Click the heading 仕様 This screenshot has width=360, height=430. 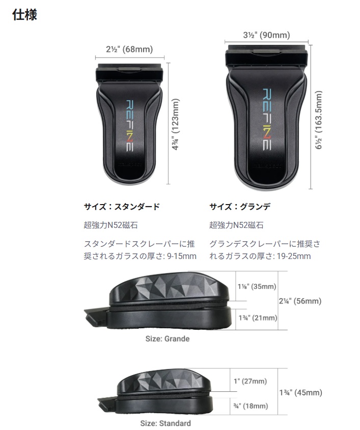[x=24, y=14]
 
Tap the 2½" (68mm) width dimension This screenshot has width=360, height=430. [x=129, y=49]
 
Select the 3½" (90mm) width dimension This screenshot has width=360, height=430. [x=266, y=35]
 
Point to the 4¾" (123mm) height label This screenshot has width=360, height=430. [x=175, y=124]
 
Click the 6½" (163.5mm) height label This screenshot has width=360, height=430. [x=318, y=120]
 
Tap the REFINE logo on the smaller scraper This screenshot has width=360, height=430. [x=130, y=126]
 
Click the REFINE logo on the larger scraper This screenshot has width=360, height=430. [x=267, y=119]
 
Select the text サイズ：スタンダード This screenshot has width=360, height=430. [x=122, y=207]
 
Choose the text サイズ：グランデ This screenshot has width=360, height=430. [x=240, y=207]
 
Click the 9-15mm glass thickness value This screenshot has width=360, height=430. [x=182, y=256]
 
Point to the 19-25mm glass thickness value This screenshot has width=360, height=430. [x=294, y=256]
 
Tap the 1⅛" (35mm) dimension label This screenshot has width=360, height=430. [x=257, y=286]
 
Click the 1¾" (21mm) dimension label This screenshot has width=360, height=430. [x=258, y=318]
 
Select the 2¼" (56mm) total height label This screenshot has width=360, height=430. [x=300, y=301]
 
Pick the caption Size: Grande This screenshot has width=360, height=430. [x=168, y=339]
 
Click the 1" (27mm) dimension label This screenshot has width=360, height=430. [x=250, y=381]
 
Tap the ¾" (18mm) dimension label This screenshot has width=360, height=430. [x=251, y=406]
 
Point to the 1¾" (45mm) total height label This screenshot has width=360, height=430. [x=301, y=392]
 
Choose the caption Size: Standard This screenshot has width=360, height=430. [x=165, y=423]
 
